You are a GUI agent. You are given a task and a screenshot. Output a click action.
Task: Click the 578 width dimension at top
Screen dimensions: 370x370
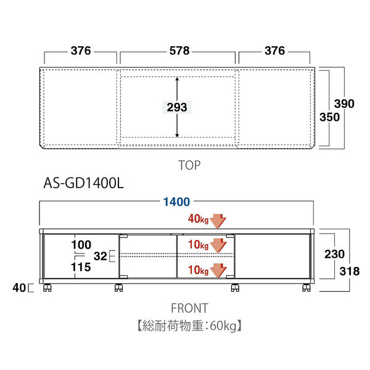(x=178, y=51)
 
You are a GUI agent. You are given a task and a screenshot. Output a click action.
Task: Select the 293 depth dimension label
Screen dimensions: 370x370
(x=177, y=107)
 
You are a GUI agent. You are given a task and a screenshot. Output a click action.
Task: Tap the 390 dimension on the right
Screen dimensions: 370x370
(x=344, y=104)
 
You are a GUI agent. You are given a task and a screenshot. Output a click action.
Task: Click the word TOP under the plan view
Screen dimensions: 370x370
(x=189, y=165)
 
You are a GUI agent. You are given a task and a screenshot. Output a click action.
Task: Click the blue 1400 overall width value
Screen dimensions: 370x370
(x=176, y=202)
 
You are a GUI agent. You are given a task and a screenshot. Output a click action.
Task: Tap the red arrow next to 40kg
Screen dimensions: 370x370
(x=219, y=220)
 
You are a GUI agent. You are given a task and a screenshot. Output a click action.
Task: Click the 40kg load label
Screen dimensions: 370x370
(x=199, y=218)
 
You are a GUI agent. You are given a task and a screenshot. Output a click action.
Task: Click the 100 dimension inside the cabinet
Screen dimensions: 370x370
(x=81, y=245)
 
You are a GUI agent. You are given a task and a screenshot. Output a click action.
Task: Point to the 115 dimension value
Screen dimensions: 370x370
(x=81, y=267)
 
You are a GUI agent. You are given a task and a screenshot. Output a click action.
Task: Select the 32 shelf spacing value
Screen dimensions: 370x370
(x=100, y=256)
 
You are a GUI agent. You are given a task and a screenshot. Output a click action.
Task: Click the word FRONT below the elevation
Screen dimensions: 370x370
(x=189, y=308)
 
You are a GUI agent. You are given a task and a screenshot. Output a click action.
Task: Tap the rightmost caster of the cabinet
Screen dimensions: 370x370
(x=305, y=287)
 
